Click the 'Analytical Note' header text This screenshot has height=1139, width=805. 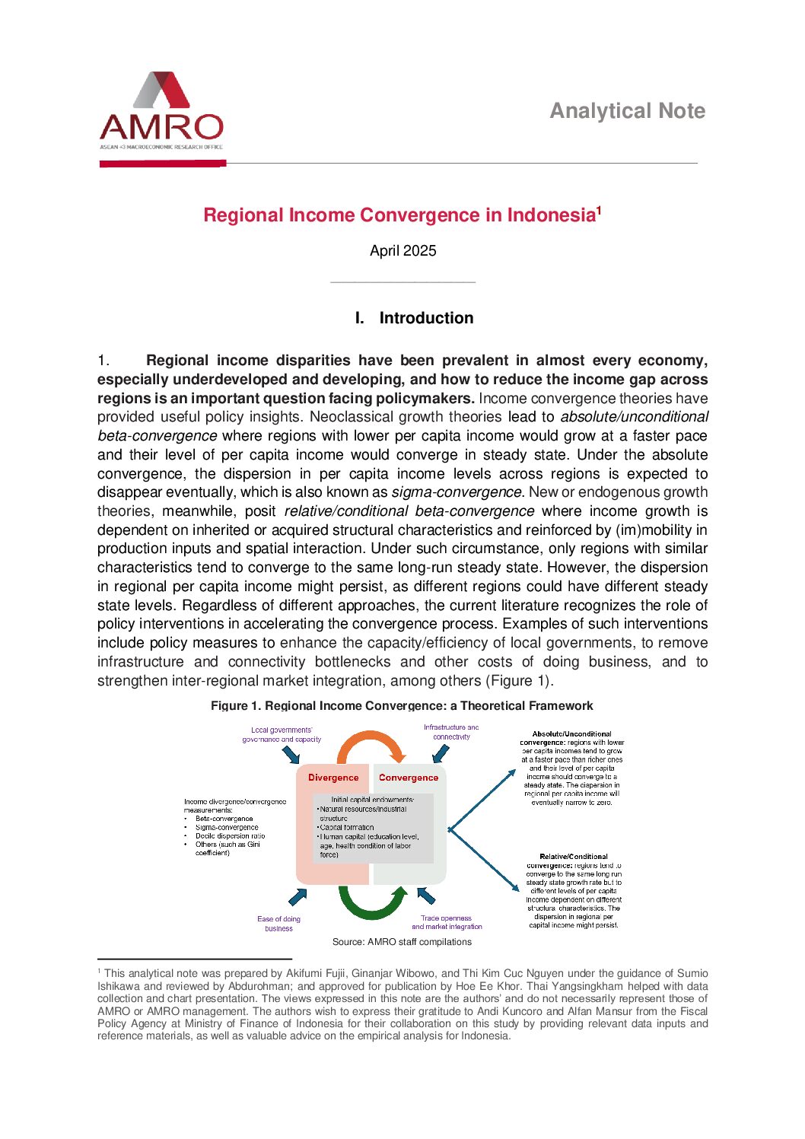tap(627, 111)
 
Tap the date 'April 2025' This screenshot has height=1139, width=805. tap(402, 251)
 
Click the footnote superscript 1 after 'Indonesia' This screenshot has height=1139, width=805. tap(599, 210)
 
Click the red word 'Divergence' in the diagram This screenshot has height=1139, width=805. tap(332, 778)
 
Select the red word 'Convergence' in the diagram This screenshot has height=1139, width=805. tap(408, 778)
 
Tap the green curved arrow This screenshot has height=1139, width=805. tap(371, 905)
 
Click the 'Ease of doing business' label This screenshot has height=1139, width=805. tap(278, 924)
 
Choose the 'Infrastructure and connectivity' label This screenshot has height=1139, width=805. tap(451, 732)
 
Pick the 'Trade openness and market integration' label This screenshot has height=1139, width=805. tap(447, 922)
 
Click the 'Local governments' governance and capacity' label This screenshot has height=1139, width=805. tap(282, 734)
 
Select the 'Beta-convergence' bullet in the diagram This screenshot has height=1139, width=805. tap(224, 819)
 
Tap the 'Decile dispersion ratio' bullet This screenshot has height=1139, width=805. tap(230, 835)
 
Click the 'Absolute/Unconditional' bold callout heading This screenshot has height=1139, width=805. tap(571, 734)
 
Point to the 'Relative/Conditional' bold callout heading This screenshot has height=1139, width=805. tap(573, 857)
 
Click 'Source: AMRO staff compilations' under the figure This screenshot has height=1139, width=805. tap(402, 942)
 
